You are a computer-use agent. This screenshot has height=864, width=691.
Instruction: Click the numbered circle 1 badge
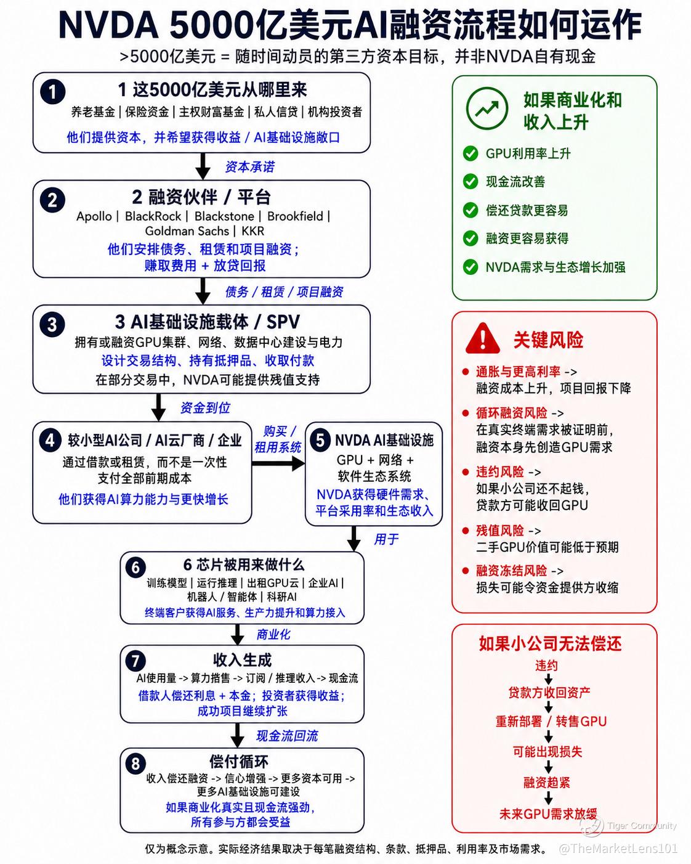coord(52,92)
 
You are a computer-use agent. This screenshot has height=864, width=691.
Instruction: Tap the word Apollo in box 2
coord(94,216)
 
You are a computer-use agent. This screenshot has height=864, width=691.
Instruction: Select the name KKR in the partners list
coord(253,231)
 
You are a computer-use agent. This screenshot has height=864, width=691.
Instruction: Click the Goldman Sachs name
coord(187,231)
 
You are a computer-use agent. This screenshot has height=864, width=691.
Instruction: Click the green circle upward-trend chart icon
coord(487,108)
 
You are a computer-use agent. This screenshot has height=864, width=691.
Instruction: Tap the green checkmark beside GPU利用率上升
coord(471,153)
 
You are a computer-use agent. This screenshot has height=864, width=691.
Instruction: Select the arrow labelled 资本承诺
coord(203,166)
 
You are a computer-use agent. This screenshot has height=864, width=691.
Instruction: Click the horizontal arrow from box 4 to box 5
coord(278,463)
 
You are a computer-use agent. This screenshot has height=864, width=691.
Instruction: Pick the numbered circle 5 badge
coord(320,441)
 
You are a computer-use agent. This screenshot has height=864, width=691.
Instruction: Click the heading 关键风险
coord(548,340)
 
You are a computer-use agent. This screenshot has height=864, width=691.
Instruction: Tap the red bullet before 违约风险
coord(466,471)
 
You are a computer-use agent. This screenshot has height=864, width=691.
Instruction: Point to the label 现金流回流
coord(287,736)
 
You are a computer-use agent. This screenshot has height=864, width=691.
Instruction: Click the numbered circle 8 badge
coord(135,763)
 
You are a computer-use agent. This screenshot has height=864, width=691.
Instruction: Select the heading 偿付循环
coord(239,761)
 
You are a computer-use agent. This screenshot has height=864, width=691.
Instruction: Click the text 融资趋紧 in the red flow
coord(546,782)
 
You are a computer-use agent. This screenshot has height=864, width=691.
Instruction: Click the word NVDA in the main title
coord(108,26)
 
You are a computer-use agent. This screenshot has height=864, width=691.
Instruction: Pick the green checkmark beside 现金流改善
coord(471,181)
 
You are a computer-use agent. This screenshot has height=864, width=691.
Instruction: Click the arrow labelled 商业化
coord(238,634)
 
